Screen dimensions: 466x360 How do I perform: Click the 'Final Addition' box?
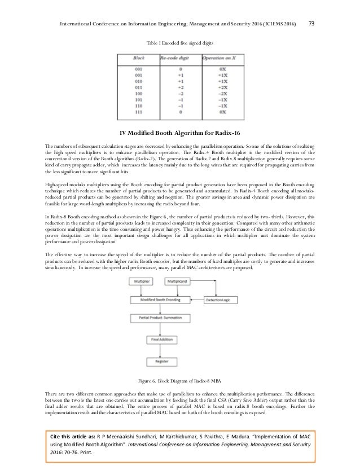pyautogui.click(x=160, y=339)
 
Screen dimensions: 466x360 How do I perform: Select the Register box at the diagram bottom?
pyautogui.click(x=160, y=361)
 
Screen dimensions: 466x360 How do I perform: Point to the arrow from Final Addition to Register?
pyautogui.click(x=160, y=350)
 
